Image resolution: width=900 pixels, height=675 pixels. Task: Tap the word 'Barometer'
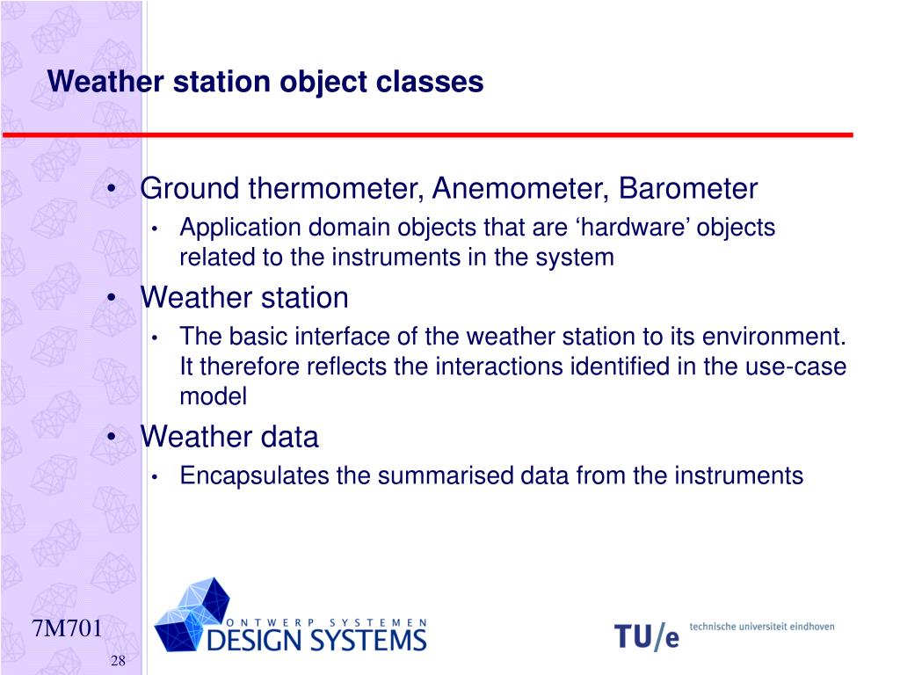688,188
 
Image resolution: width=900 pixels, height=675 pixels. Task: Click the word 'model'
214,396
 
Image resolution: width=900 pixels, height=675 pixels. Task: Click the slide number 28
119,661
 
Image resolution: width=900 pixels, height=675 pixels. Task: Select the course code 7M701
67,628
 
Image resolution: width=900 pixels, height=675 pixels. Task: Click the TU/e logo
647,636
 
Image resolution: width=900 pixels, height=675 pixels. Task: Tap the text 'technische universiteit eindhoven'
762,627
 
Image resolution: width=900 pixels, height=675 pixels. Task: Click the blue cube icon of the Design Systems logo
192,614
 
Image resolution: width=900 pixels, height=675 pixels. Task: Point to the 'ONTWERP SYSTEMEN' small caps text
327,623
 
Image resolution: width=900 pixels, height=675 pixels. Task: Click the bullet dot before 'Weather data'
112,436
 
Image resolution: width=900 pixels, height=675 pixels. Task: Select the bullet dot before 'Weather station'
112,297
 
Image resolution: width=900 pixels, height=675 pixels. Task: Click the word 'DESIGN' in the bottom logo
253,640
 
